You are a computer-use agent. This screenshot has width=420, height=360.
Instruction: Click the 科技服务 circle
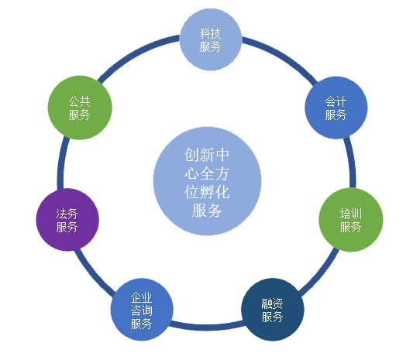(x=211, y=39)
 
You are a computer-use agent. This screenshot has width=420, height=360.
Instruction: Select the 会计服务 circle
(x=336, y=108)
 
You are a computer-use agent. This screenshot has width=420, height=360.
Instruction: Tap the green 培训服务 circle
(x=351, y=220)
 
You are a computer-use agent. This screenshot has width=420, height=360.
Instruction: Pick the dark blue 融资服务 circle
(x=273, y=310)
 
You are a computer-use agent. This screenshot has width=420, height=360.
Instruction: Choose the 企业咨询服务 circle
(x=142, y=310)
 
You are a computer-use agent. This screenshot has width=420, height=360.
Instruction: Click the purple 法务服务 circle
(x=67, y=220)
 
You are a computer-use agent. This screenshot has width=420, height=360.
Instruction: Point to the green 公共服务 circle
(x=80, y=108)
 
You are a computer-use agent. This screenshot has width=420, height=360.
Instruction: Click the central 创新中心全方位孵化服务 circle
(x=208, y=181)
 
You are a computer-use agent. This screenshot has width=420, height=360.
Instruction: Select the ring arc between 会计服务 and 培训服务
(x=352, y=162)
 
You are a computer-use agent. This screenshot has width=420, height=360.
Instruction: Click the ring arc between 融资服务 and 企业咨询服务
(x=208, y=327)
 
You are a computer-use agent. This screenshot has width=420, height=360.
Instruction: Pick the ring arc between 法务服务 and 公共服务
(x=61, y=163)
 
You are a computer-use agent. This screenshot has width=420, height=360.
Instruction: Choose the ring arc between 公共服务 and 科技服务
(x=136, y=54)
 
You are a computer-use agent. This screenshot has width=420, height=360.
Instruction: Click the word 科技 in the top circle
(x=210, y=34)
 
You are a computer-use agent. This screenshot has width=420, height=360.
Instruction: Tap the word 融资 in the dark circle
(x=272, y=303)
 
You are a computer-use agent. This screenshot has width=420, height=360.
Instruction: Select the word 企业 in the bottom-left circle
(x=142, y=297)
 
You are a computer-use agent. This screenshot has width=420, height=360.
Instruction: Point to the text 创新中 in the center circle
(x=207, y=155)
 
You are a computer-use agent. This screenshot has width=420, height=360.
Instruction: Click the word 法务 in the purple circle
(x=67, y=214)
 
